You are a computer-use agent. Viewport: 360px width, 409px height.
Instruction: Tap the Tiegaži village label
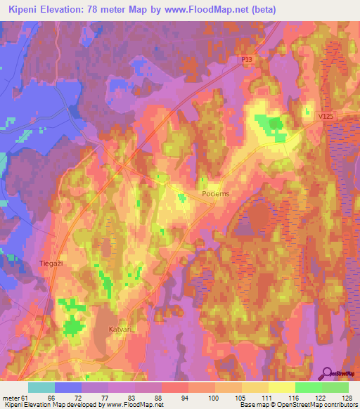(x=51, y=264)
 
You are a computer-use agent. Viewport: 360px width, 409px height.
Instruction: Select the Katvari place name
(x=122, y=328)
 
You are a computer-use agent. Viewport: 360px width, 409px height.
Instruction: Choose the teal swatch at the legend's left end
(x=41, y=387)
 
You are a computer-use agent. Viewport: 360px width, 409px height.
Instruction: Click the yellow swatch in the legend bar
(x=281, y=387)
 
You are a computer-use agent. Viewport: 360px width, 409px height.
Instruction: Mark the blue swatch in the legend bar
(x=68, y=387)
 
